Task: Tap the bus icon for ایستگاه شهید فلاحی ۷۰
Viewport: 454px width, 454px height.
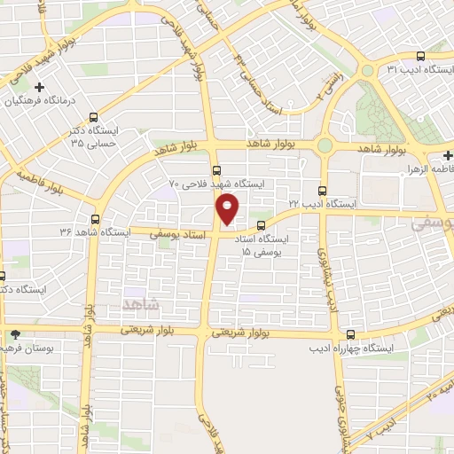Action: click(x=216, y=171)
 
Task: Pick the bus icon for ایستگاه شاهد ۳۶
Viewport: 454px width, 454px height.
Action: click(x=96, y=218)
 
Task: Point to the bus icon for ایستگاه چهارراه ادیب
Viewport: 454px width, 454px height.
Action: click(x=352, y=334)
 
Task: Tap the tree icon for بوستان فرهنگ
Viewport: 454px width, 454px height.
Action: click(x=15, y=334)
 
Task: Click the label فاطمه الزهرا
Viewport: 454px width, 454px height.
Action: click(x=428, y=167)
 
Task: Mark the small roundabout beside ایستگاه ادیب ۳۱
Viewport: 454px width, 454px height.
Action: click(x=366, y=71)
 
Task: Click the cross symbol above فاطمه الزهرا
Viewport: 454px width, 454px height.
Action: click(x=449, y=153)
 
